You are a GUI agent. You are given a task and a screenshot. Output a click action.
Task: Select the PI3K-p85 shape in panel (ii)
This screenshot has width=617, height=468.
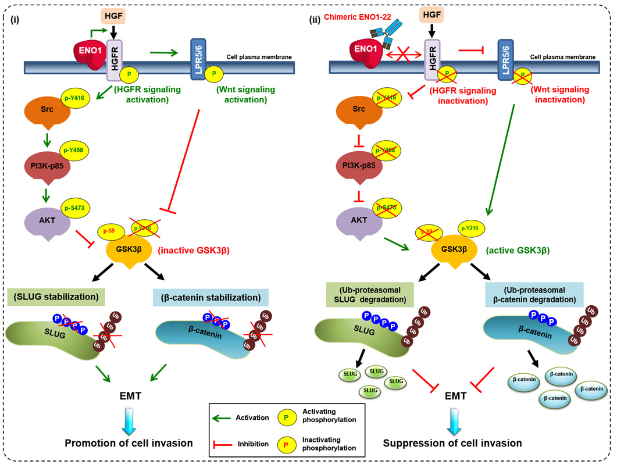pyautogui.click(x=352, y=164)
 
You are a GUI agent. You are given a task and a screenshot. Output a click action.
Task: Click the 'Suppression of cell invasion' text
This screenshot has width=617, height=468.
pyautogui.click(x=452, y=443)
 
